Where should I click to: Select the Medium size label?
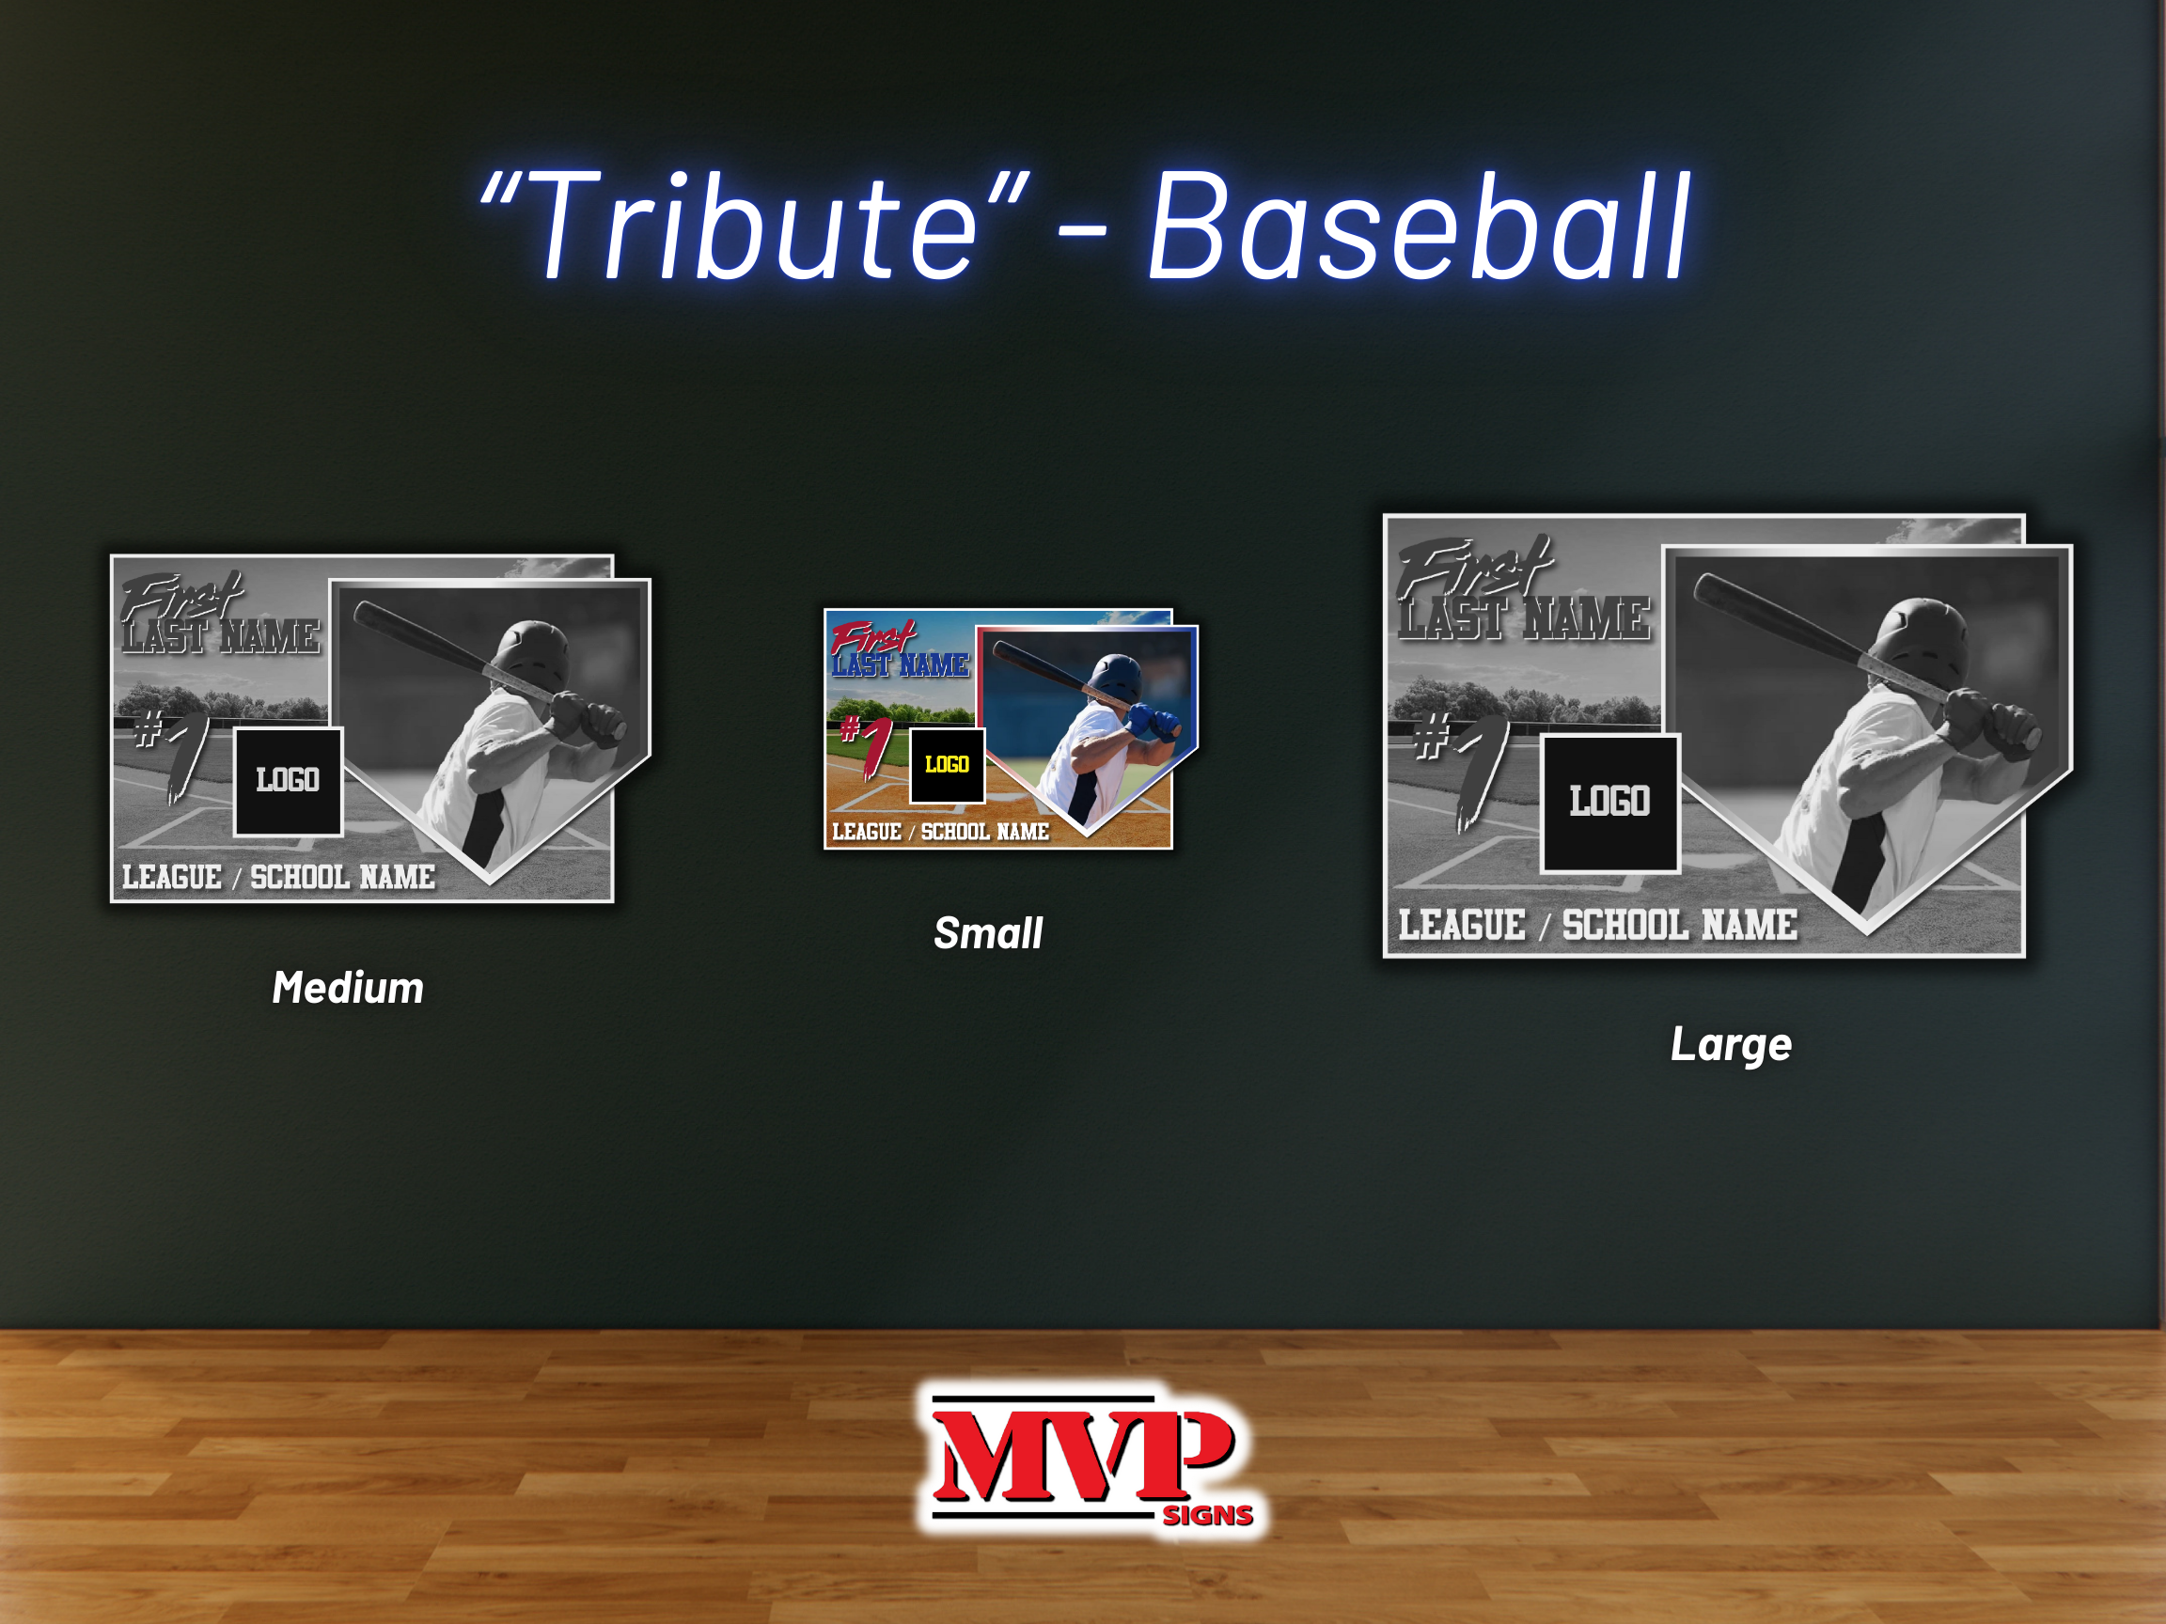[x=348, y=987]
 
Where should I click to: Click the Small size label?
[x=988, y=933]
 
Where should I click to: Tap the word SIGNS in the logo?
[x=1207, y=1515]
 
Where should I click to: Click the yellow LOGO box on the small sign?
[x=947, y=764]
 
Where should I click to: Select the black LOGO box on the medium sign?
[x=288, y=781]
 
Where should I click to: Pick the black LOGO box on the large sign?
[x=1609, y=803]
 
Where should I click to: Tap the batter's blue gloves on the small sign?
[x=1152, y=723]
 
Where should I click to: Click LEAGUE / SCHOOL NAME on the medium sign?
[x=279, y=877]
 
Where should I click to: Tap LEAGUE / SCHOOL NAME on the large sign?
[x=1598, y=925]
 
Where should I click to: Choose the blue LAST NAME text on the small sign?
[x=901, y=665]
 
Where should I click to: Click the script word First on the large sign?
[x=1474, y=567]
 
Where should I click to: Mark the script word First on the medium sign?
[x=182, y=597]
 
